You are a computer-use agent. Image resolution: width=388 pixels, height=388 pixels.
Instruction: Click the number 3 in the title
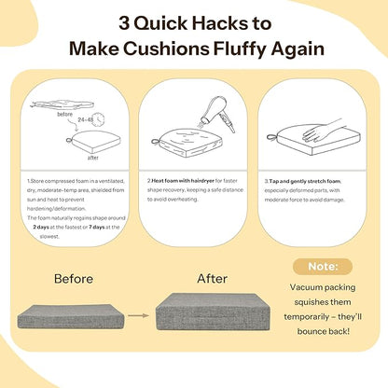[124, 23]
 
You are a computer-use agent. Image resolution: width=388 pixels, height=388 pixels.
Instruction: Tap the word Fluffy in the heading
[240, 49]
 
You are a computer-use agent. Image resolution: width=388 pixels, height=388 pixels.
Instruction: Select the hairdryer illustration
[217, 113]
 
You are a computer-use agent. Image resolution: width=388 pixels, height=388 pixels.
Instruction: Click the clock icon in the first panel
[99, 119]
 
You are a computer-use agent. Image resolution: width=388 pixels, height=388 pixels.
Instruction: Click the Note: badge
[323, 267]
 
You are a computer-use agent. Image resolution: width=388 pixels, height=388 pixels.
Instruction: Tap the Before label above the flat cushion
[74, 279]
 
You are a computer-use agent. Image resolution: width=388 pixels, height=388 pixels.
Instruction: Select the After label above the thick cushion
[213, 278]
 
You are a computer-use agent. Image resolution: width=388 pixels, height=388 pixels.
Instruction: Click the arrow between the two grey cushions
[138, 315]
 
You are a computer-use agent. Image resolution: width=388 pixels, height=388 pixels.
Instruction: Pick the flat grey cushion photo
[71, 316]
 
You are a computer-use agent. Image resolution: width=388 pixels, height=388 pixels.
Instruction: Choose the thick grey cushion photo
[213, 312]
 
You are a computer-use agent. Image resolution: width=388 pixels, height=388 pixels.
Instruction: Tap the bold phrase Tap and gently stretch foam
[305, 181]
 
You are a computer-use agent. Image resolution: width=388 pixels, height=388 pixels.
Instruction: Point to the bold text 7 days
[97, 228]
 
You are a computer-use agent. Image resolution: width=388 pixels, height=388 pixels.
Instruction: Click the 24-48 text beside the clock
[85, 119]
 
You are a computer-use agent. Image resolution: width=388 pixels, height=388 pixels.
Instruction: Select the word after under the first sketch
[93, 158]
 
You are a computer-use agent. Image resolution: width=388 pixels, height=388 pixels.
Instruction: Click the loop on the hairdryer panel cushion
[156, 142]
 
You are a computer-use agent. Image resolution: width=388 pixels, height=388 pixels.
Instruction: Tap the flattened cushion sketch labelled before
[62, 104]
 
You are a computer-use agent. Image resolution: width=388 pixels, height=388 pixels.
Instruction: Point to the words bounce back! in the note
[324, 331]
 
